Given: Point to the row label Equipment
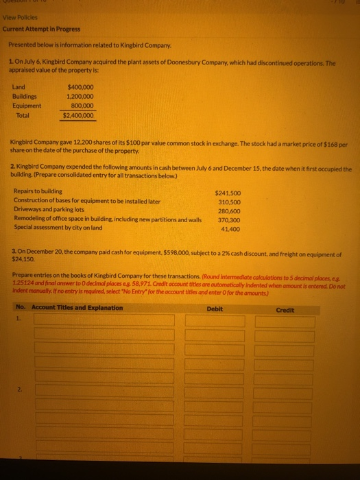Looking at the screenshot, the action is coord(27,106).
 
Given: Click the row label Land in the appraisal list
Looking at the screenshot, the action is coord(20,87).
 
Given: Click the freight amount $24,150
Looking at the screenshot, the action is coord(25,260).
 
